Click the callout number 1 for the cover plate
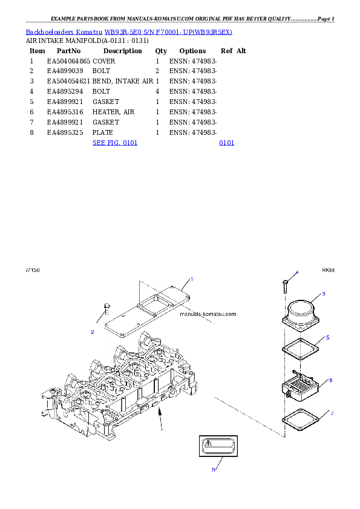(191, 279)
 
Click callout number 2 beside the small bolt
(93, 331)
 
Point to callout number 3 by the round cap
(324, 293)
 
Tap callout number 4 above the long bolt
(296, 273)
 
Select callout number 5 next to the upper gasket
(327, 337)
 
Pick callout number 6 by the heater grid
(330, 380)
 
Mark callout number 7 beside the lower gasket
(332, 413)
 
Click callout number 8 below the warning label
(213, 469)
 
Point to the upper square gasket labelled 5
(299, 351)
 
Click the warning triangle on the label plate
(208, 443)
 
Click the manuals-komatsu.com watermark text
(208, 314)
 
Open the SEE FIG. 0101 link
(115, 143)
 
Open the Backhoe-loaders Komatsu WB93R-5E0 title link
(129, 31)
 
